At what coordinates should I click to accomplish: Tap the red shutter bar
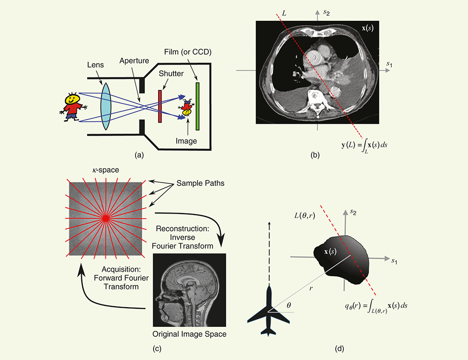click(x=160, y=106)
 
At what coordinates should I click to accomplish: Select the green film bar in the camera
click(x=198, y=106)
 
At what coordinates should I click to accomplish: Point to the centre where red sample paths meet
click(x=105, y=217)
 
